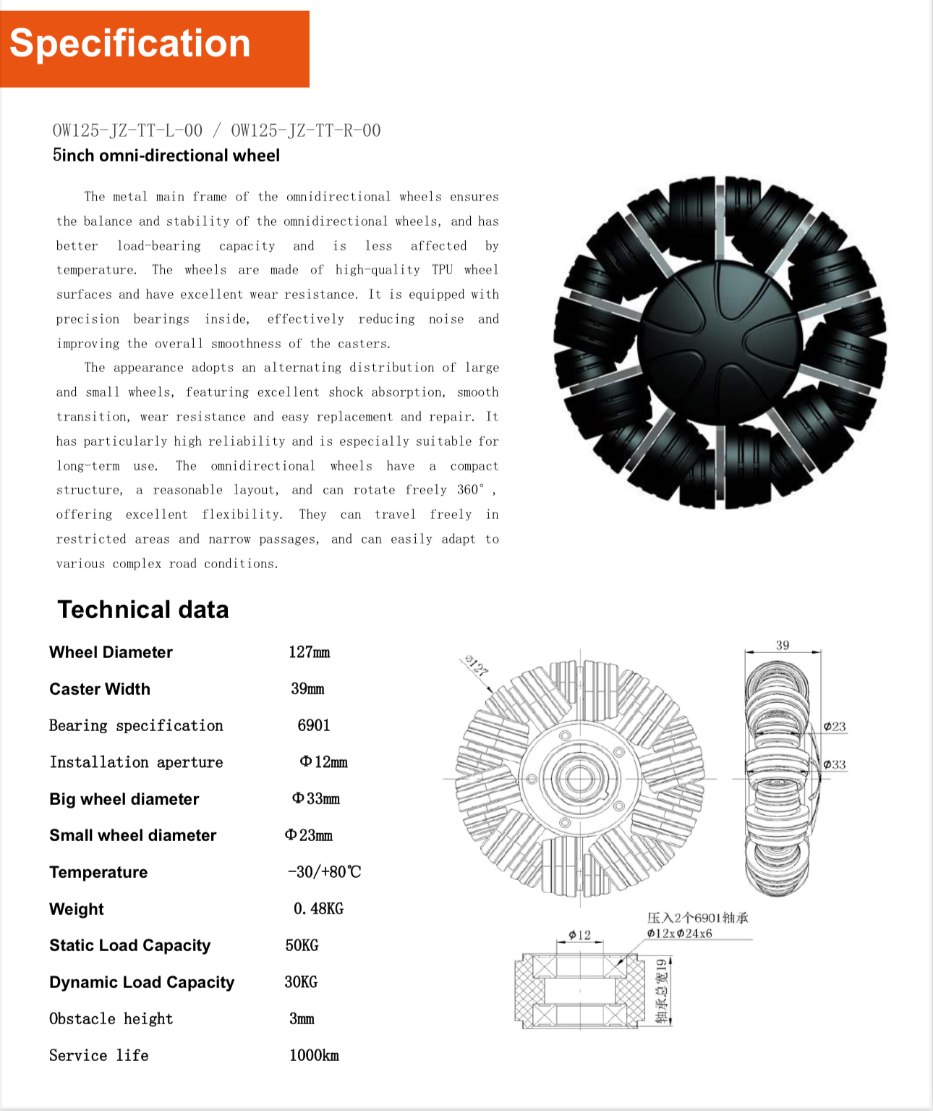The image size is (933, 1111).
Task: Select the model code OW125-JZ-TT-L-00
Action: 127,130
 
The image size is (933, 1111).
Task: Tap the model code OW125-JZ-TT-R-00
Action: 305,130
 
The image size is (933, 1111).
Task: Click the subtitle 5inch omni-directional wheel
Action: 166,156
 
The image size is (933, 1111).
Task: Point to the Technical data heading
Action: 143,609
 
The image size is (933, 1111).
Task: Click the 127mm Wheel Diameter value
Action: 309,652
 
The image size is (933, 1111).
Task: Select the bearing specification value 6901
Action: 314,725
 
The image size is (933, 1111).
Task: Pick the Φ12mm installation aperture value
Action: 323,762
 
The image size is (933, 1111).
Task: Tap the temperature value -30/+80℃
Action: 324,872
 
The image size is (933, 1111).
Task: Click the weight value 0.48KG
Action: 318,909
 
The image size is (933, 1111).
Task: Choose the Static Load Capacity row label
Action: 130,945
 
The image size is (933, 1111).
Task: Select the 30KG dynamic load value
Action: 301,982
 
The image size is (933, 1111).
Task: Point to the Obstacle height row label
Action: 111,1019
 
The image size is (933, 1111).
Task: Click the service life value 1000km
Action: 314,1055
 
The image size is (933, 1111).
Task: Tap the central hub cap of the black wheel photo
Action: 720,342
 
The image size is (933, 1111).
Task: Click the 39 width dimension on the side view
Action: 783,645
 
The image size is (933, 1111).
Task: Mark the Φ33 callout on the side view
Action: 835,764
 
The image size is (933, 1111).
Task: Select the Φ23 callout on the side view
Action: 835,727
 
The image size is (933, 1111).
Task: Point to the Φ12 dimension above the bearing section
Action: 579,935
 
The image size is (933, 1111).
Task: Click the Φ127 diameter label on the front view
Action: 477,665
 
